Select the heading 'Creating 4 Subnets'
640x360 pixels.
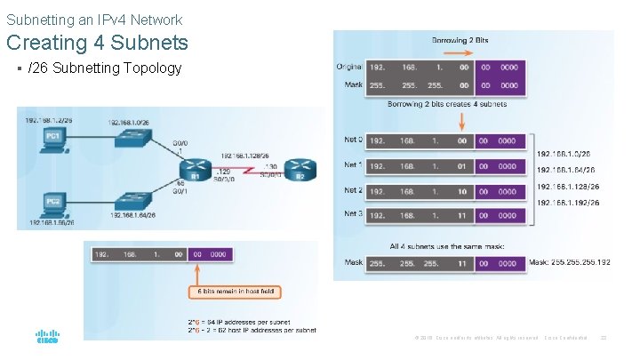(x=97, y=42)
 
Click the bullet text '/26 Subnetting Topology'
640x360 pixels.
(x=105, y=68)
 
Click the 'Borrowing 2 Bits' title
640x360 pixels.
(x=460, y=41)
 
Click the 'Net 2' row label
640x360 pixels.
(x=353, y=190)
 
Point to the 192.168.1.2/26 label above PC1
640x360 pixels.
(x=50, y=119)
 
